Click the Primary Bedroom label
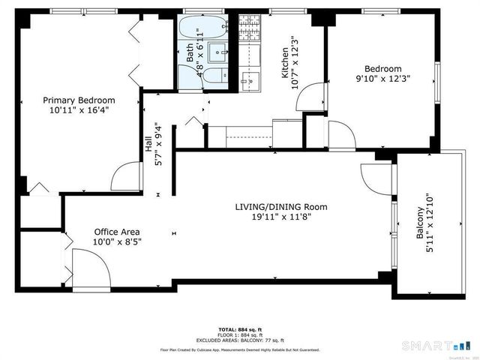click(79, 100)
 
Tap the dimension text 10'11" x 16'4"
click(79, 111)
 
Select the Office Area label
click(116, 232)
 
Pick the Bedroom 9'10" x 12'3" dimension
click(383, 78)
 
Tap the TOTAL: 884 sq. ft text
click(239, 328)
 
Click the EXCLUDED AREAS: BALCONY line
click(239, 340)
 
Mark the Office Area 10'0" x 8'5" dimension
click(116, 242)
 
